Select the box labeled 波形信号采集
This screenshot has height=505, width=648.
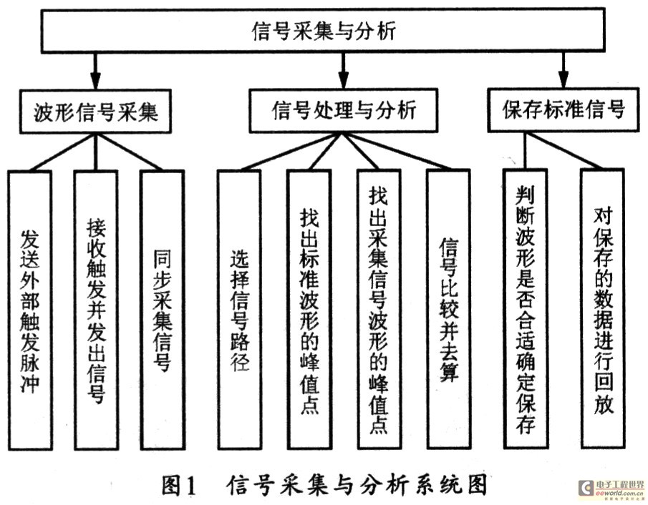(96, 110)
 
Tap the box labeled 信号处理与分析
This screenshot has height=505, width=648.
(344, 110)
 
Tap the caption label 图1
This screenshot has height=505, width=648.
(178, 486)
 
